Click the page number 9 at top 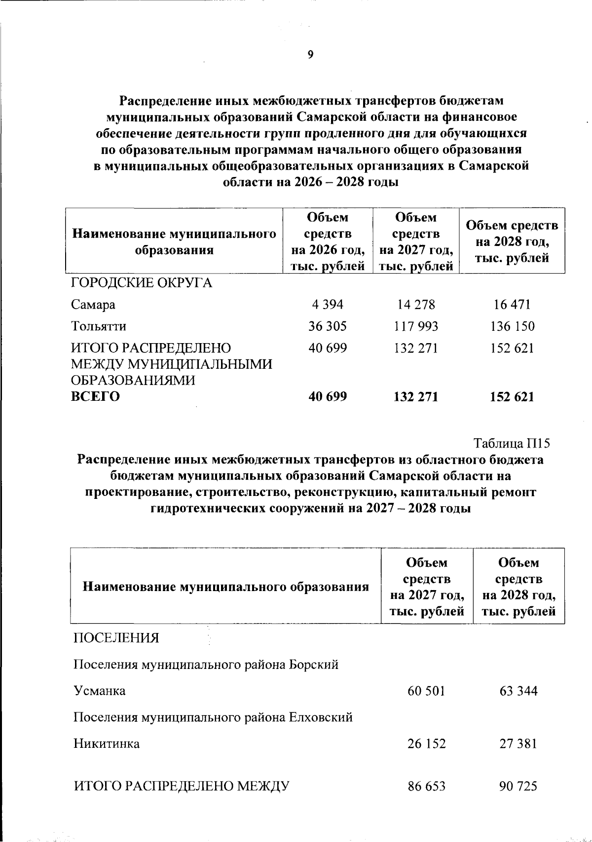[310, 55]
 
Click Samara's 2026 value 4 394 [327, 305]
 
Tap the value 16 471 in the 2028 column [512, 305]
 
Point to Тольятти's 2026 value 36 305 [327, 326]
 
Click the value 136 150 [512, 326]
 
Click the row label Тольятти [99, 326]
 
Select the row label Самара [93, 305]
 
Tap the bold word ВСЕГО [96, 396]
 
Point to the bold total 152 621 [512, 396]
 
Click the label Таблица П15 [512, 443]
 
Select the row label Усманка [99, 691]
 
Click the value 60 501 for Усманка [426, 691]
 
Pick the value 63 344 [518, 691]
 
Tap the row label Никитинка [106, 743]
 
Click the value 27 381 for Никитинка [518, 743]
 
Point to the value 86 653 [426, 786]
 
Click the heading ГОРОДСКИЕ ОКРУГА [142, 283]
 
